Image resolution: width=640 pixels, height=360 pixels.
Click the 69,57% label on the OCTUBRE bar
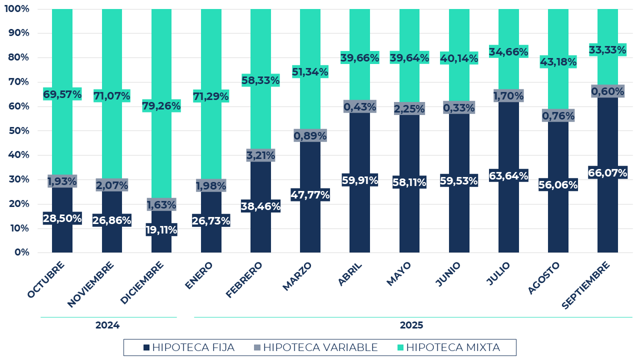click(x=62, y=94)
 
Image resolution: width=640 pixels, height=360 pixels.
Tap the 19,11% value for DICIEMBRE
click(x=161, y=230)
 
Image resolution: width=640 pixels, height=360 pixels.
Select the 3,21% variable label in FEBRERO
click(x=260, y=155)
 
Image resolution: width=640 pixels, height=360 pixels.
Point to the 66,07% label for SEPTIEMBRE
click(x=608, y=173)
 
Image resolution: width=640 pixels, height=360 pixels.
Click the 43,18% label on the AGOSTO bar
click(x=558, y=62)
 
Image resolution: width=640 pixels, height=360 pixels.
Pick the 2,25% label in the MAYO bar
click(x=409, y=109)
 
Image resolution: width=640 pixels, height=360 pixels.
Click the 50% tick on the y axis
click(x=19, y=131)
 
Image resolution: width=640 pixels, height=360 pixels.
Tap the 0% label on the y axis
click(x=22, y=252)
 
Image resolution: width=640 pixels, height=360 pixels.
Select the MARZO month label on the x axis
click(x=297, y=276)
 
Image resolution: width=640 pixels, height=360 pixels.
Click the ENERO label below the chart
click(x=199, y=275)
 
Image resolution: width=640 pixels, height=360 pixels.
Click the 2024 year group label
click(x=107, y=325)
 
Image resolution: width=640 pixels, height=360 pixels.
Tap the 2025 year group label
click(x=411, y=325)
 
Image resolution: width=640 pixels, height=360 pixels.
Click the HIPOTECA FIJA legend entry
click(x=188, y=347)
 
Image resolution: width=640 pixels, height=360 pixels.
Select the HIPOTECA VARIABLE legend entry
click(x=315, y=347)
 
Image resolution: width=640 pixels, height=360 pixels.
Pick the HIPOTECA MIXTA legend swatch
click(x=400, y=347)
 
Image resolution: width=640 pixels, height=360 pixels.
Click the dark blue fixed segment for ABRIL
click(x=359, y=220)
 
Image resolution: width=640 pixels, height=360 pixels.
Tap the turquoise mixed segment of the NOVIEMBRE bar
click(x=111, y=50)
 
